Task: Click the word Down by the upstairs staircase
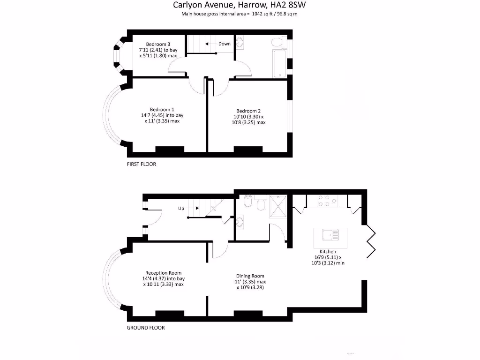coord(225,44)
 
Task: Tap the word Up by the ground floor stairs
coord(181,208)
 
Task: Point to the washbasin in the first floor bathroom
coord(240,43)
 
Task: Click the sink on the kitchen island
coord(330,234)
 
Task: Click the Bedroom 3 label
coord(158,44)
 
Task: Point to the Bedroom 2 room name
coord(248,111)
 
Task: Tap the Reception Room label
coord(163,273)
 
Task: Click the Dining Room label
coord(251,276)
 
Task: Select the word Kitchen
coord(328,252)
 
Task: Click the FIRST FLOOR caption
coord(141,165)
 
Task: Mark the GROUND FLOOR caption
coord(146,328)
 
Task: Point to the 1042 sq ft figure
coord(258,14)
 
